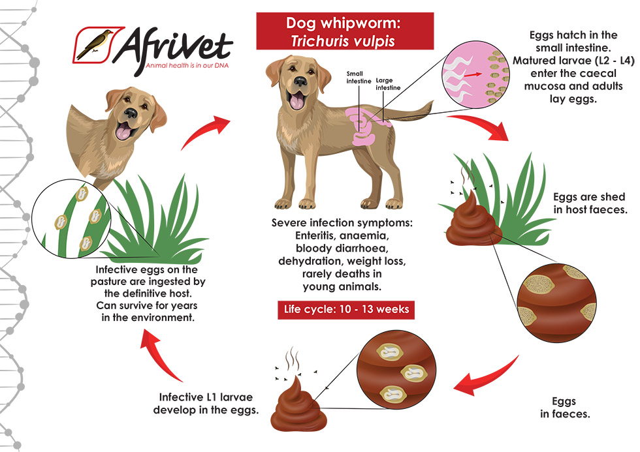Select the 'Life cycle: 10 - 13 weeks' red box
345,309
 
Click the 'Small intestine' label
359,78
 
